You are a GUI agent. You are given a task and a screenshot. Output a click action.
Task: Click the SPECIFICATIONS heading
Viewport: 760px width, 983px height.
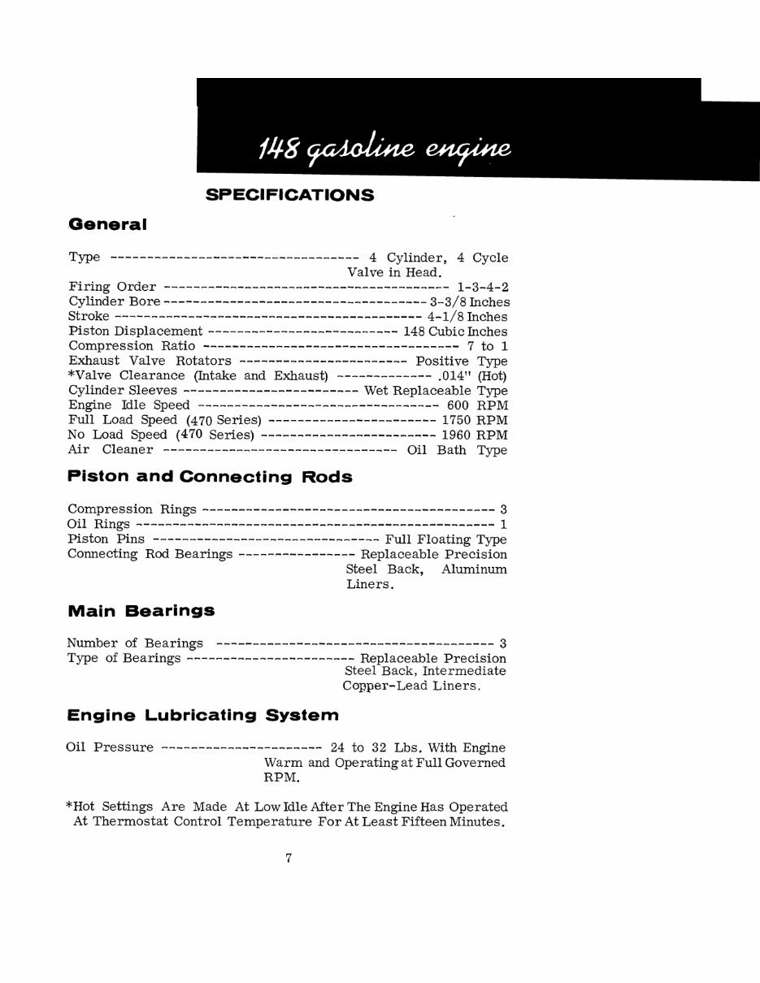click(289, 195)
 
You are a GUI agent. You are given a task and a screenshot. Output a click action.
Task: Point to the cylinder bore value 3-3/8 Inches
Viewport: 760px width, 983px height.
click(469, 301)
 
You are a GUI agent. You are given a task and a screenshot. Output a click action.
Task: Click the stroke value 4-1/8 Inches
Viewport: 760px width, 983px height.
click(467, 317)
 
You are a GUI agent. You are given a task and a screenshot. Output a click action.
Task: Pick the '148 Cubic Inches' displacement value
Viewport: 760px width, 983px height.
click(455, 331)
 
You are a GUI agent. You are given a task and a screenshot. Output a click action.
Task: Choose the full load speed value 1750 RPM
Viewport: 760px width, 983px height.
click(474, 420)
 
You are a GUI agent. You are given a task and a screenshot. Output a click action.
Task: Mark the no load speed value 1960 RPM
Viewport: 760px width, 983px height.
click(474, 435)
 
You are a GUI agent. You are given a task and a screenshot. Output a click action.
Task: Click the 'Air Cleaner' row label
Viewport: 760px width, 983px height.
click(111, 449)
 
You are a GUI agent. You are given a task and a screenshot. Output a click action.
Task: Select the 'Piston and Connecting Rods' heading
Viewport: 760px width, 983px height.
click(210, 477)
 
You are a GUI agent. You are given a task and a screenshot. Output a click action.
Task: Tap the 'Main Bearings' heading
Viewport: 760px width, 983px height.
click(141, 610)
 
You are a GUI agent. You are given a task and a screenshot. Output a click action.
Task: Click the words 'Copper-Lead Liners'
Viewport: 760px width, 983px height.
click(410, 686)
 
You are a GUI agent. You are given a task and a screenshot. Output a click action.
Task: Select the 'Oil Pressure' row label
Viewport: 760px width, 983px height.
click(110, 747)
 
